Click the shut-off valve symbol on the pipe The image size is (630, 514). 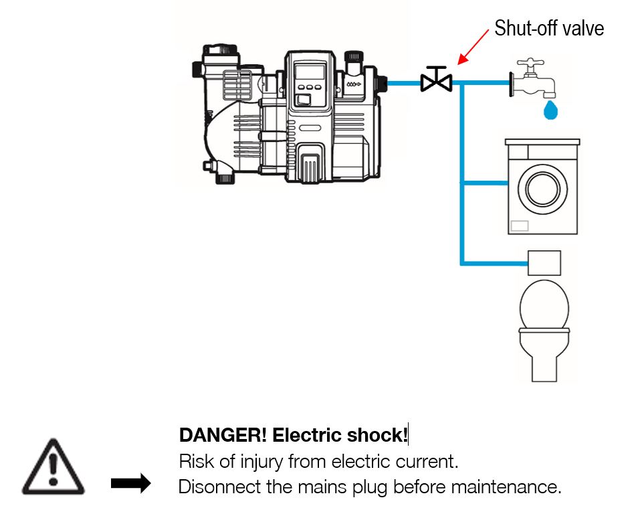coord(436,81)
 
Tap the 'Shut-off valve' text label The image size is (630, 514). coord(548,29)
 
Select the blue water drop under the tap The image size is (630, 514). coord(550,110)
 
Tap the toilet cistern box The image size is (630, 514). coord(544,262)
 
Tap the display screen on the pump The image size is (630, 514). coord(311,71)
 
